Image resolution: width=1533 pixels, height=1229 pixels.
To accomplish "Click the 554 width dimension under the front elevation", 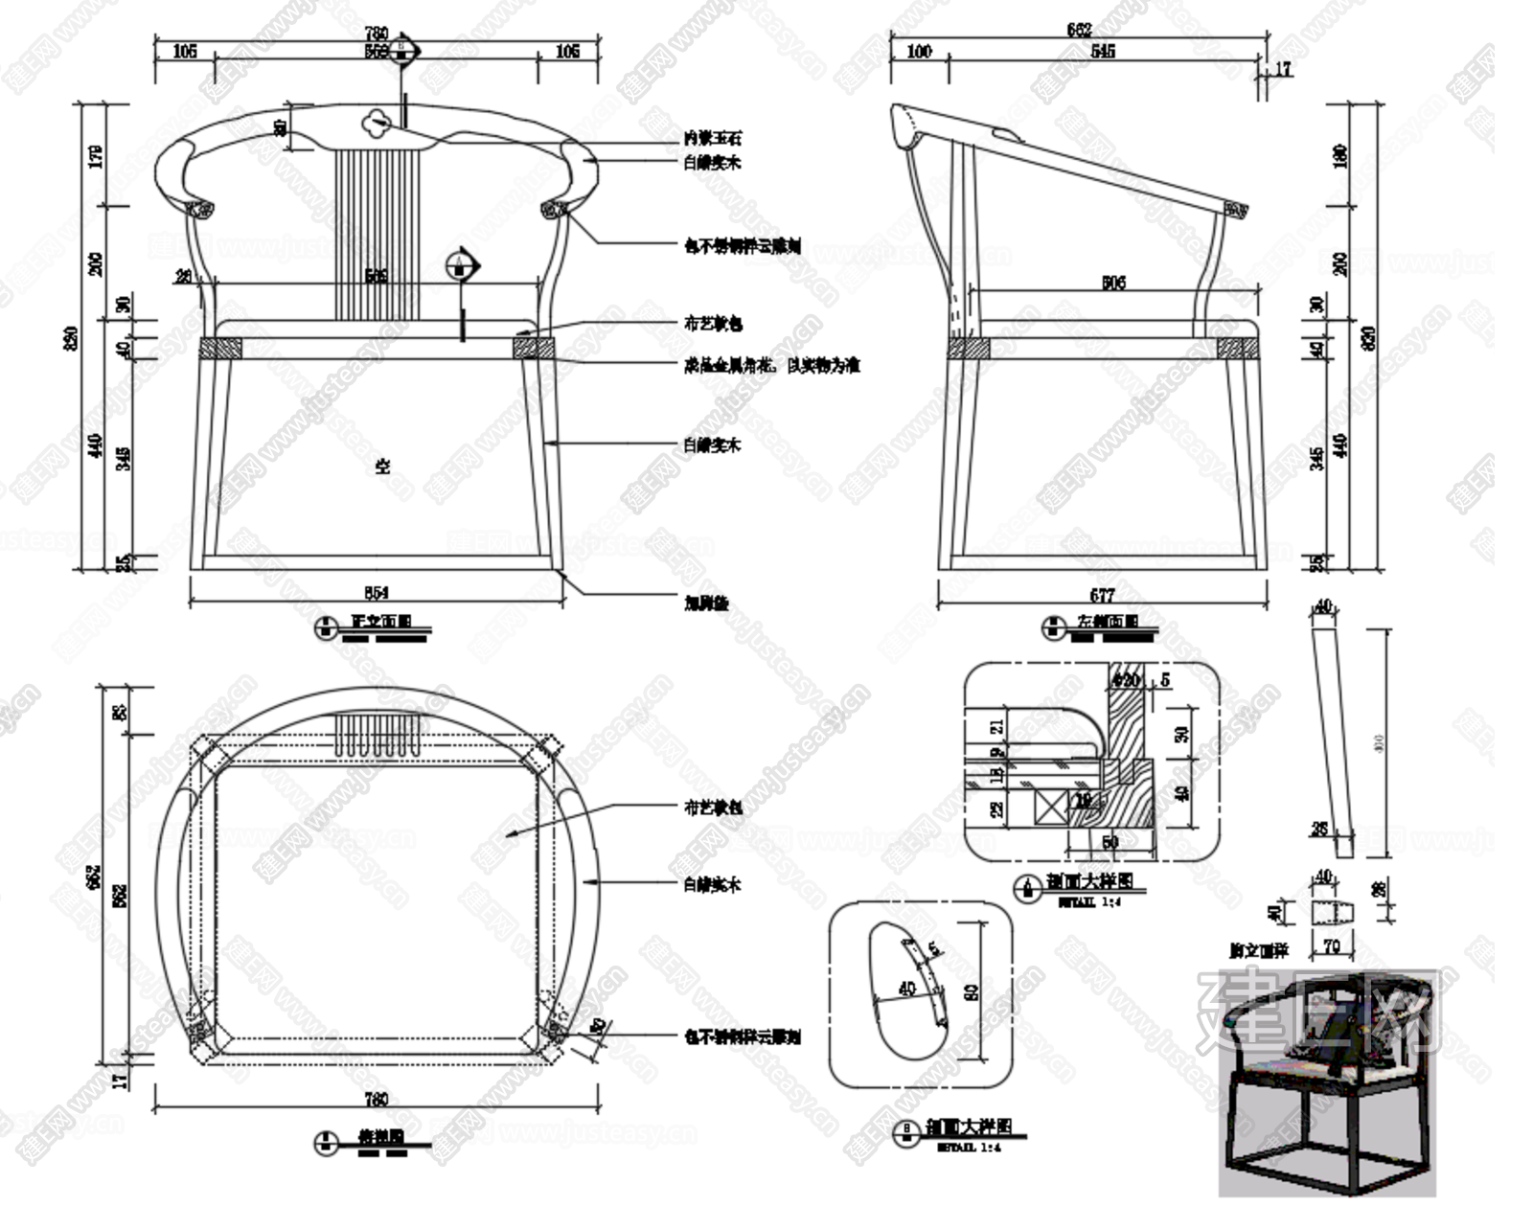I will point(377,593).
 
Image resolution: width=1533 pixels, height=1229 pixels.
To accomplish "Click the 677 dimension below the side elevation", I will point(1102,595).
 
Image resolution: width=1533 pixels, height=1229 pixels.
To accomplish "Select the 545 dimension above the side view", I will point(1103,51).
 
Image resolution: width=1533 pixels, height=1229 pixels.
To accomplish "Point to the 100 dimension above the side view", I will point(919,51).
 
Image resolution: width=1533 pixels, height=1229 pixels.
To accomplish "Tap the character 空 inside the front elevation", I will point(382,467).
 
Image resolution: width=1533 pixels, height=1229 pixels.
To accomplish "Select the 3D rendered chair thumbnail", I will point(1327,1082).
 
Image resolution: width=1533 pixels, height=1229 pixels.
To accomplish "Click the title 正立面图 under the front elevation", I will point(381,622).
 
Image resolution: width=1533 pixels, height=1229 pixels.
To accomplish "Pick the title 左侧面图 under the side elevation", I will point(1108,622).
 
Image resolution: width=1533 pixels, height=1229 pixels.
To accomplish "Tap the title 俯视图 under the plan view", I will point(380,1137).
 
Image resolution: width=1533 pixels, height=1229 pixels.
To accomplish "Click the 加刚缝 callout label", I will point(706,603).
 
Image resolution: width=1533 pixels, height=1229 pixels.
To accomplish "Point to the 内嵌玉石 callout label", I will point(712,139).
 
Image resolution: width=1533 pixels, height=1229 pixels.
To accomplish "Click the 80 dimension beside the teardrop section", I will point(971,991).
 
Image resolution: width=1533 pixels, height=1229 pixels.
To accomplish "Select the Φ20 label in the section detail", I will point(1126,680).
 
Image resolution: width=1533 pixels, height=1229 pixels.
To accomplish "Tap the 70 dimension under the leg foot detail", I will point(1332,947).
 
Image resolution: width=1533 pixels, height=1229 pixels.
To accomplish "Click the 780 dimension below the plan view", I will point(377,1099).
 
